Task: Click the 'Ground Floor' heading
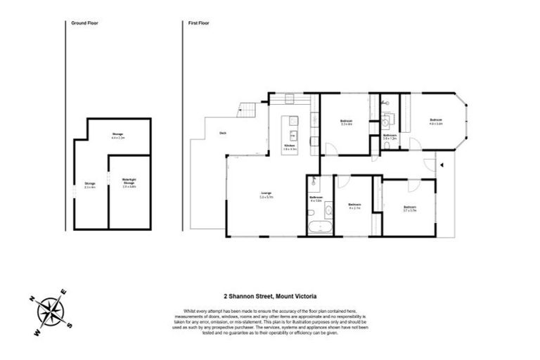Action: point(84,24)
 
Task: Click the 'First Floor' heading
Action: point(198,24)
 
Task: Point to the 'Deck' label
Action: point(222,133)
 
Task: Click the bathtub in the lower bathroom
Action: point(321,226)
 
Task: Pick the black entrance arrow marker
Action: point(442,165)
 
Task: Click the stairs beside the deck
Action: point(247,110)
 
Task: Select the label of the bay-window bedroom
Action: point(436,122)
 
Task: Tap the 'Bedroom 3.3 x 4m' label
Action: point(346,122)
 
